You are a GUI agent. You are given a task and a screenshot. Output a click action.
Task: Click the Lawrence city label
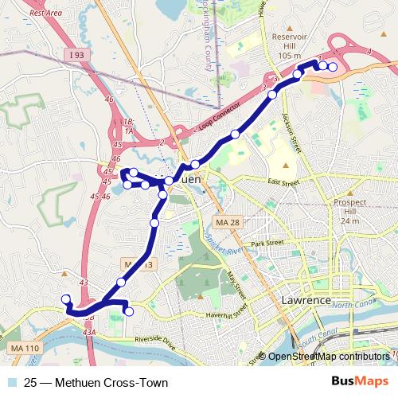click(306, 300)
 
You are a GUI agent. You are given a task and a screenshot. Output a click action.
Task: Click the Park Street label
click(267, 242)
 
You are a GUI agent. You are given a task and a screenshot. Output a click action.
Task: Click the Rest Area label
click(45, 14)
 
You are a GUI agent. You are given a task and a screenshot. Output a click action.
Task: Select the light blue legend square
click(13, 383)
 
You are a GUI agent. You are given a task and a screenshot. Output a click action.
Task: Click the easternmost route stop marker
click(333, 68)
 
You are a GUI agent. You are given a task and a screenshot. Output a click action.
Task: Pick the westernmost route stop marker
click(66, 299)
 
